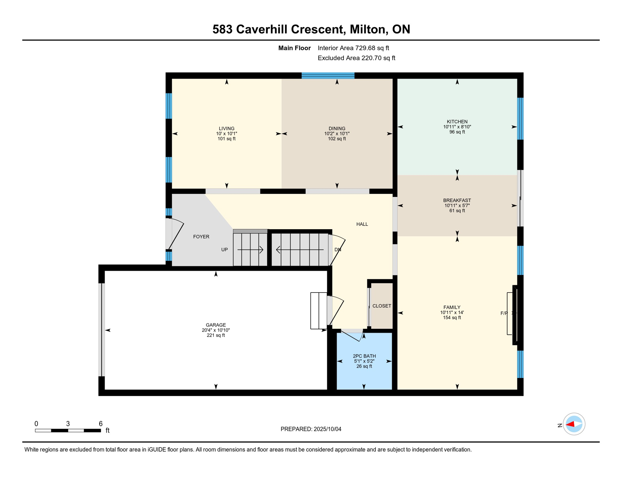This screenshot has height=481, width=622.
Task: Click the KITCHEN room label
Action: coord(457,122)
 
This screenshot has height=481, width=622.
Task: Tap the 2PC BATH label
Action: coord(364,356)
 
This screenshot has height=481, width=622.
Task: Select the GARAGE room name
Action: coord(216,325)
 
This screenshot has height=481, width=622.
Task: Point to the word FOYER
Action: coord(201,237)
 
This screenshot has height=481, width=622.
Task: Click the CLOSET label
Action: coord(382,306)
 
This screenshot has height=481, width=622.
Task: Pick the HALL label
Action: coord(362,224)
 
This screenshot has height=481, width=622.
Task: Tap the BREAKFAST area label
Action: coord(457,200)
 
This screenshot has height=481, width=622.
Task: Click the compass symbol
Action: coord(574,424)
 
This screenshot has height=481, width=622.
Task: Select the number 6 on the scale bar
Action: coord(100,424)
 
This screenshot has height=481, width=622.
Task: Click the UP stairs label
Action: coord(224,250)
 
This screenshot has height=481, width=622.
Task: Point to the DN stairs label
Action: coord(338,250)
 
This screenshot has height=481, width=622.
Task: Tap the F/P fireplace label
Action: coord(504,313)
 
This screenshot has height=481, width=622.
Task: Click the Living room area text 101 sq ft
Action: coord(227,139)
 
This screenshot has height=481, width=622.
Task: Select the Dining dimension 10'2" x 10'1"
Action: coord(337,134)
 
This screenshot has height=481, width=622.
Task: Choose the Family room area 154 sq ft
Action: coord(452,318)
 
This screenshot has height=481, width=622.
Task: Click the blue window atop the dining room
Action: coord(328,75)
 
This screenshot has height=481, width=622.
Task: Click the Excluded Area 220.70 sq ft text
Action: coord(356,58)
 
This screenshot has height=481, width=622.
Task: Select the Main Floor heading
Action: coord(294,48)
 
